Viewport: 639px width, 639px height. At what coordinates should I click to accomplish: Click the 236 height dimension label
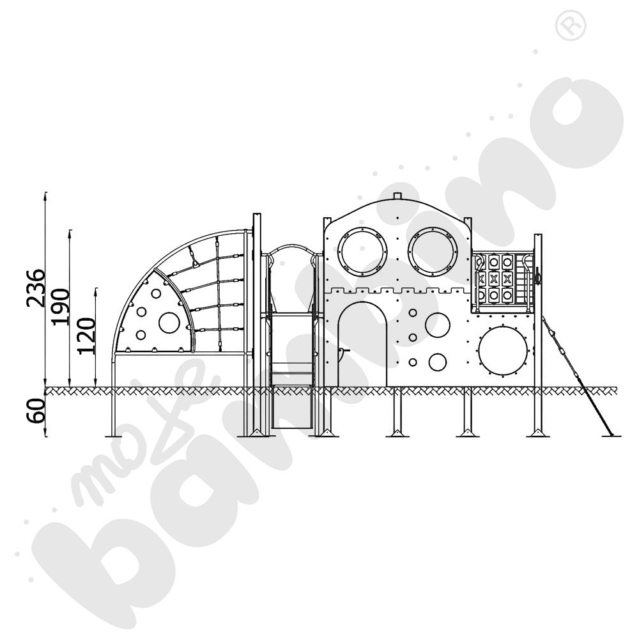point(36,288)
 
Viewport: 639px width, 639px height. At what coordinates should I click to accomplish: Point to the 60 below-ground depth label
point(36,410)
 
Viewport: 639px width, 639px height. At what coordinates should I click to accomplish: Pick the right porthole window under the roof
point(434,249)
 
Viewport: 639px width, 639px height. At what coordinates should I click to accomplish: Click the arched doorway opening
point(363,345)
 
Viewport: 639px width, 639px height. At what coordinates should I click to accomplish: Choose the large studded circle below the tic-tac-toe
point(503,351)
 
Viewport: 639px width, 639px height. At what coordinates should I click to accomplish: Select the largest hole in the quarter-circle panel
point(169,322)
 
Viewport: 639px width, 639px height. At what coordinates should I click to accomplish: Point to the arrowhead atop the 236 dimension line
point(45,194)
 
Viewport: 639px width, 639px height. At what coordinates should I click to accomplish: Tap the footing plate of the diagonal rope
point(612,436)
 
